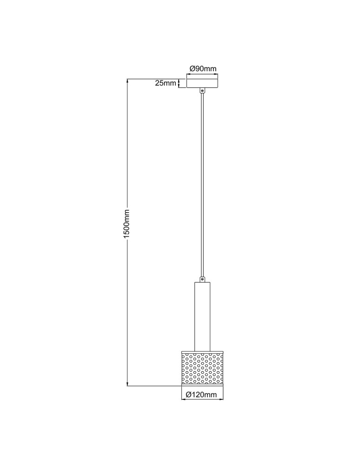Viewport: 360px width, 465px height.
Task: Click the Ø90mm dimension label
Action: [x=203, y=68]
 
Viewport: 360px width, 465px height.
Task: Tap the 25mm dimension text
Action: [x=166, y=83]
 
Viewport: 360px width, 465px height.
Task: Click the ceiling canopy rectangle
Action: [x=202, y=84]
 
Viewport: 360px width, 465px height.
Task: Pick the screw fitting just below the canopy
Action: [x=202, y=91]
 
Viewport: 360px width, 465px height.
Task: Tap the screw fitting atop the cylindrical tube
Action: [x=202, y=279]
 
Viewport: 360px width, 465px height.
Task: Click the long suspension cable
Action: [x=202, y=186]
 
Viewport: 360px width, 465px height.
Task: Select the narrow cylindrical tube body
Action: [x=202, y=317]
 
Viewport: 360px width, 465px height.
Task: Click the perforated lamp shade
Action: [x=202, y=368]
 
